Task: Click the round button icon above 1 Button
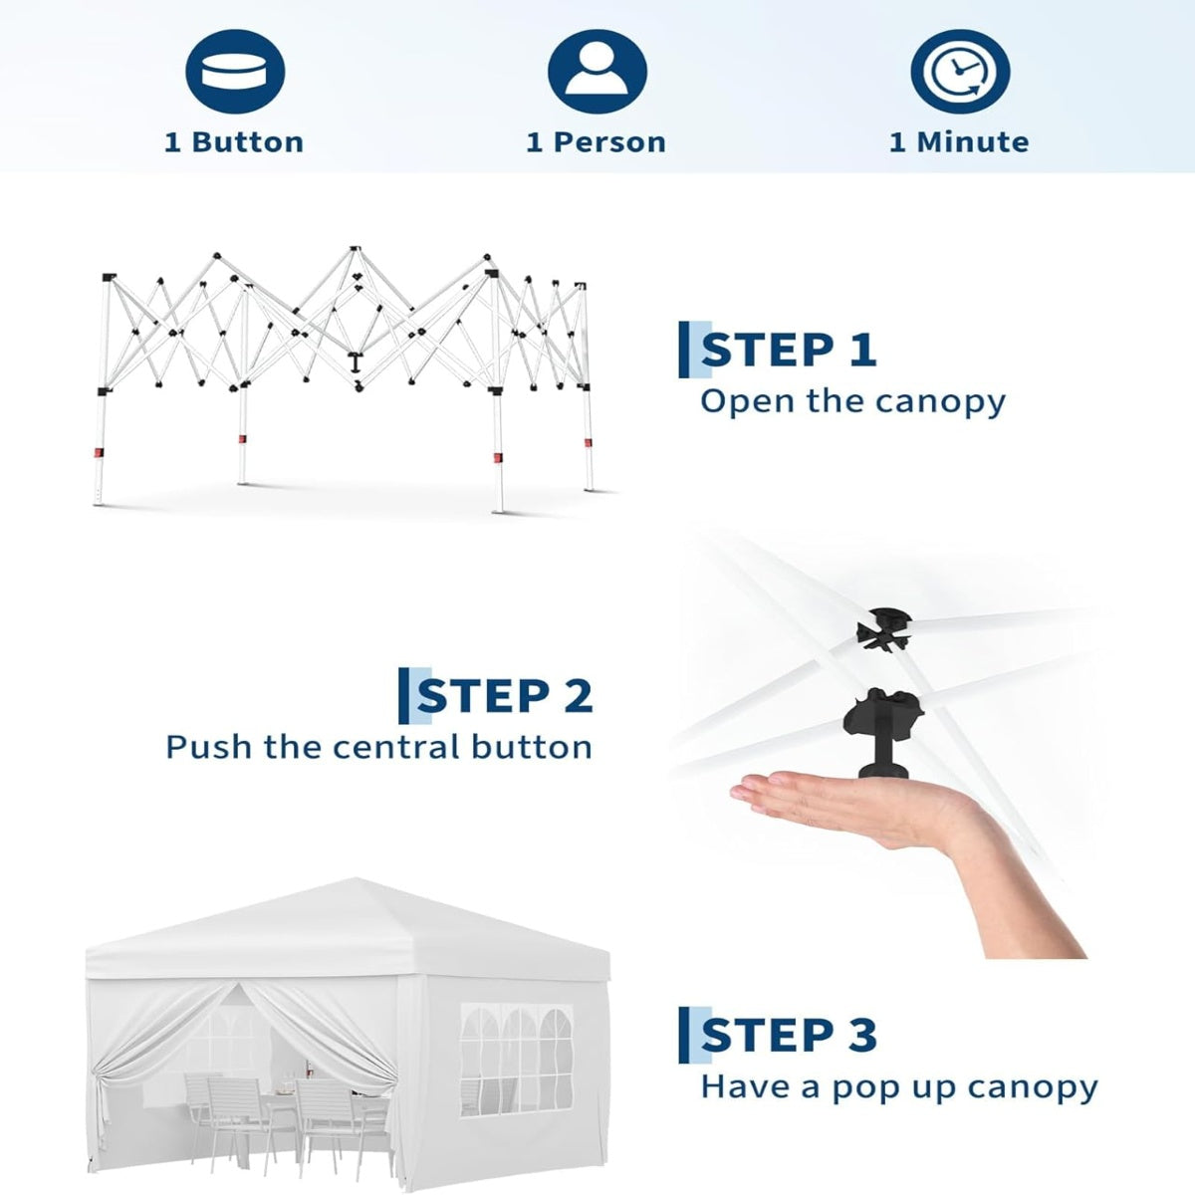pyautogui.click(x=235, y=72)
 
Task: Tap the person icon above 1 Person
pyautogui.click(x=597, y=72)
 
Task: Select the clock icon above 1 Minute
pyautogui.click(x=960, y=72)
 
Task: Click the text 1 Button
pyautogui.click(x=234, y=142)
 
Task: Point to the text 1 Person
pyautogui.click(x=597, y=142)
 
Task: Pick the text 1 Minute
pyautogui.click(x=959, y=142)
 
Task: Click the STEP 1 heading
pyautogui.click(x=789, y=351)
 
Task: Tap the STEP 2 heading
pyautogui.click(x=505, y=696)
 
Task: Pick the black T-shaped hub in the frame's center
pyautogui.click(x=355, y=362)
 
